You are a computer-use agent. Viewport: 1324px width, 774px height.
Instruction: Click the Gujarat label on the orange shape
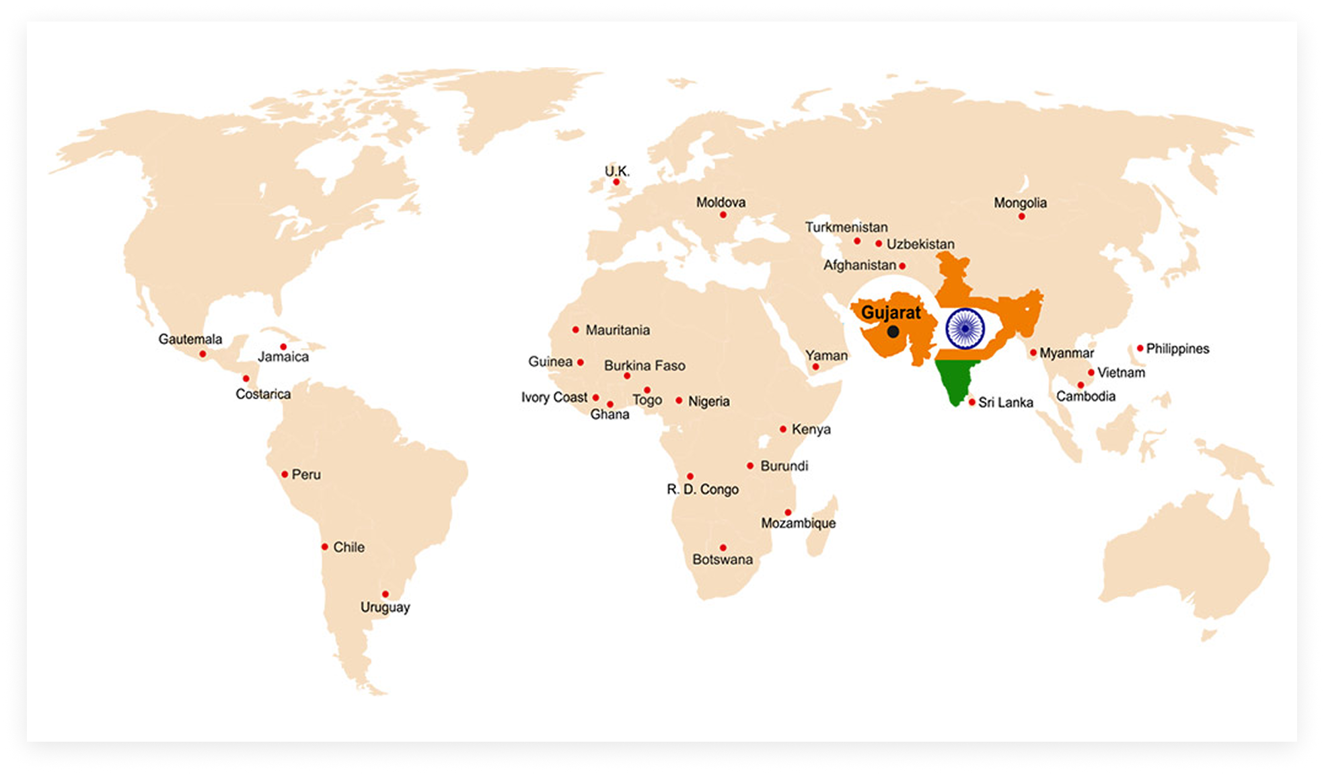pos(891,312)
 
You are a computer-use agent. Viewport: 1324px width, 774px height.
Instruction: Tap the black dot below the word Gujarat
pos(893,332)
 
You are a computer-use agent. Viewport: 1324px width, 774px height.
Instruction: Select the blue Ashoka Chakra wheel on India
pos(965,328)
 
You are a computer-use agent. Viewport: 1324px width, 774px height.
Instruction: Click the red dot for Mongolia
pos(1021,216)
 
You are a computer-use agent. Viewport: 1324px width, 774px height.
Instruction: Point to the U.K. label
pos(617,171)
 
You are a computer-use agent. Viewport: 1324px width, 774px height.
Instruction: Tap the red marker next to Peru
pos(285,474)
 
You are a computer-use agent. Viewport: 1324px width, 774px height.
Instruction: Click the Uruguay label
pos(385,607)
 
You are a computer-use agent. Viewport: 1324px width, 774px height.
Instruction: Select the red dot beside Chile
pos(325,547)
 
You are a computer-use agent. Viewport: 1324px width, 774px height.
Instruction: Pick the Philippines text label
pos(1177,349)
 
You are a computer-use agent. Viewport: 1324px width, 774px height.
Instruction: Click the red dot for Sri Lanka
pos(971,402)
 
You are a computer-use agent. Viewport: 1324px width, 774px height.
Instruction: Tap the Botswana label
pos(723,559)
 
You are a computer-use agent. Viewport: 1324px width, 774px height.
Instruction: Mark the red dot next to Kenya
pos(783,429)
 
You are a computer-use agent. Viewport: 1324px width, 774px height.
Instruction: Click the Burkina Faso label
pos(645,365)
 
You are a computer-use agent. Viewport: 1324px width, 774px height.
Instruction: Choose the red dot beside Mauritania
pos(575,330)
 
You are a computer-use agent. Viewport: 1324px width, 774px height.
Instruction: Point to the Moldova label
pos(721,202)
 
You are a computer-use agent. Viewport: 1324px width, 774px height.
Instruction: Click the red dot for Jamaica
pos(283,347)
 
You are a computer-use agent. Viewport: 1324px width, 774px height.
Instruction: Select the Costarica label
pos(263,394)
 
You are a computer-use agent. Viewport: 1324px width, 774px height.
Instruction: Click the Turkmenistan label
pos(846,227)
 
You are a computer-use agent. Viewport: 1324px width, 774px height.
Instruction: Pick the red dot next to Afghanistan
pos(902,266)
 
